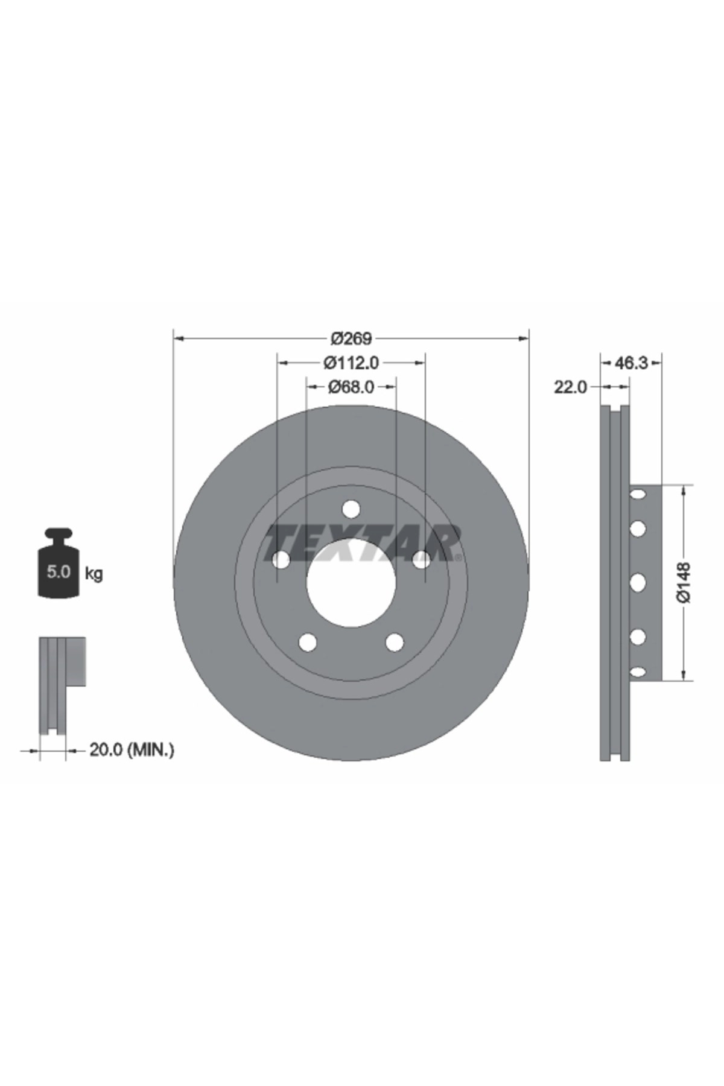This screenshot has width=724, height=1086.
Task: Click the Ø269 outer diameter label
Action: point(351,339)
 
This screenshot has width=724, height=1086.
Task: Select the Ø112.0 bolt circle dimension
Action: point(351,363)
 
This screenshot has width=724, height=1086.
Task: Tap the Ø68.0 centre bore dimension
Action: point(351,386)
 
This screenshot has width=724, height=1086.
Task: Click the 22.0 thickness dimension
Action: point(570,387)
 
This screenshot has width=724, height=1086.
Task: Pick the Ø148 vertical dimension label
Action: point(683,582)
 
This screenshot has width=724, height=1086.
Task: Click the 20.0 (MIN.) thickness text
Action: point(132,750)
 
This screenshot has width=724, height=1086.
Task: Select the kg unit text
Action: point(94,573)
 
